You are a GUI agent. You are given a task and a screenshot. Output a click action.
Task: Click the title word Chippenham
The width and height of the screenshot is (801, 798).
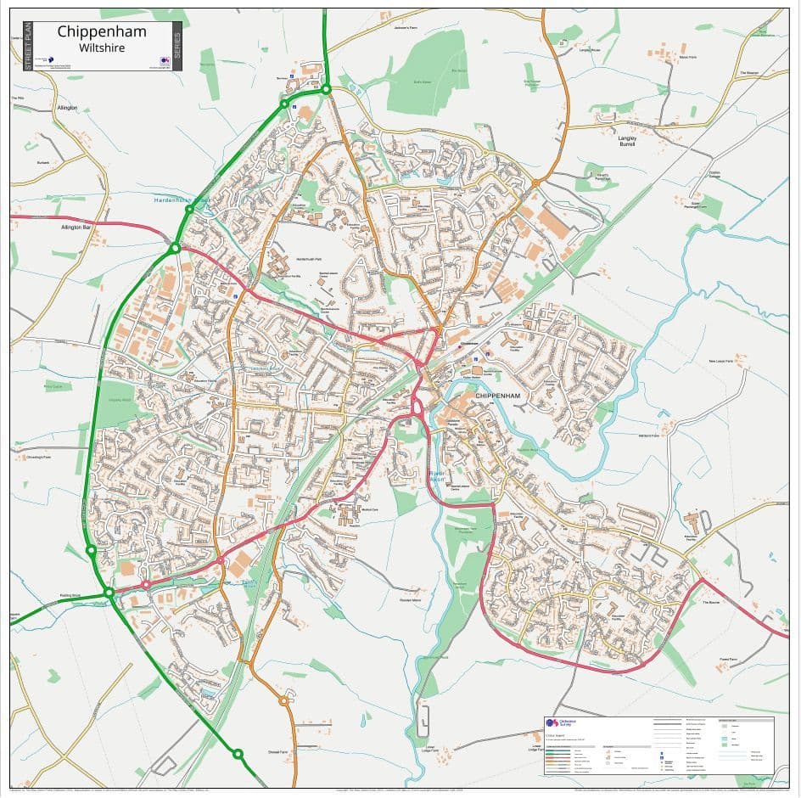point(102,32)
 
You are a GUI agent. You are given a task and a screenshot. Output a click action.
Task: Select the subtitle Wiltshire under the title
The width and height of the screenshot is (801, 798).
point(102,48)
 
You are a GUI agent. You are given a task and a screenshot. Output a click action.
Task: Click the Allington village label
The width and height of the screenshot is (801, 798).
point(67,108)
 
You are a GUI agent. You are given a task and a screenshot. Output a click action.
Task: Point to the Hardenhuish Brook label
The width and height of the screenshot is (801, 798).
point(181,200)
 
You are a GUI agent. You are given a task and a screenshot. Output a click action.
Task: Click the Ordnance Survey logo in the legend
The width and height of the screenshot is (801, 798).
point(552,723)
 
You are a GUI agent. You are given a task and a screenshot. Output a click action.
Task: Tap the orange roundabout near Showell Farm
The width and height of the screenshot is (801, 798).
point(283,700)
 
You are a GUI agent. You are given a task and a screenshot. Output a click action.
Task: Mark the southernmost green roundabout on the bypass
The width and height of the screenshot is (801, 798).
point(238,753)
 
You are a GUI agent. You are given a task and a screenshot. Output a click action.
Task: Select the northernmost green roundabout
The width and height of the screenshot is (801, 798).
point(326,89)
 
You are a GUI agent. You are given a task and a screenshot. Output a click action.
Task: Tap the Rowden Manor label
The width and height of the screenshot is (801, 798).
point(412,600)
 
